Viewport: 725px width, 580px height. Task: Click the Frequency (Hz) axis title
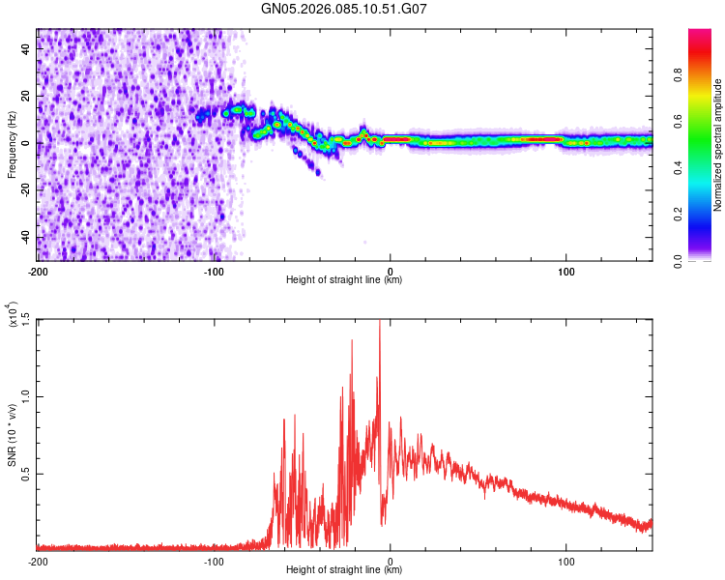(x=12, y=144)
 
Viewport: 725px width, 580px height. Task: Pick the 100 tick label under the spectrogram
(x=566, y=271)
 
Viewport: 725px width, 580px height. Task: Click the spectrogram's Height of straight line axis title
(x=344, y=280)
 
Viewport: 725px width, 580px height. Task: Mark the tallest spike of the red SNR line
(x=379, y=322)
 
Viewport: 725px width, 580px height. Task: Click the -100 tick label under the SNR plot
(x=214, y=561)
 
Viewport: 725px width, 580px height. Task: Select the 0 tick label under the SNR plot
(x=391, y=561)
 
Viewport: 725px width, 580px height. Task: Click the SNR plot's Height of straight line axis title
(x=344, y=570)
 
